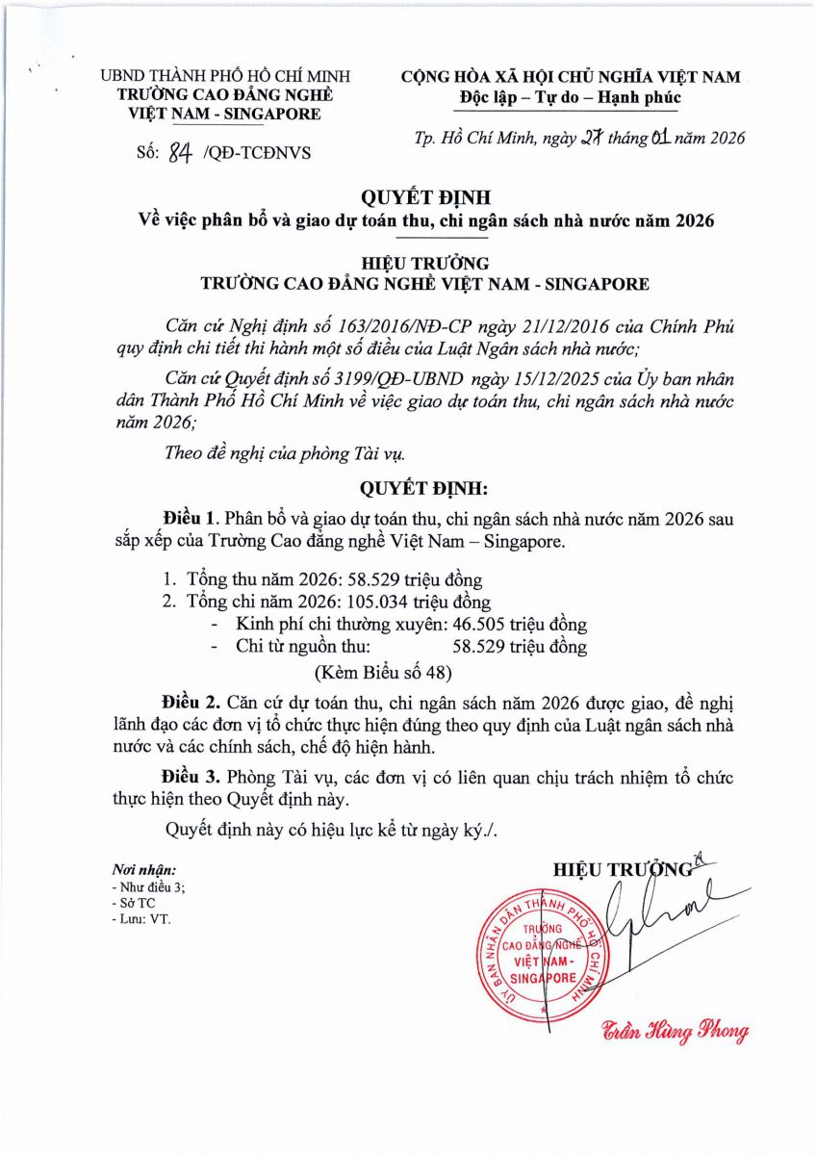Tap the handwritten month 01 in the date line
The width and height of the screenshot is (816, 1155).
(x=660, y=138)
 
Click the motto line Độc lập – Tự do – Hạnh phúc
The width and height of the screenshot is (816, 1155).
(x=571, y=97)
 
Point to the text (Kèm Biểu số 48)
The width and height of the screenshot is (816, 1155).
(x=384, y=670)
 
